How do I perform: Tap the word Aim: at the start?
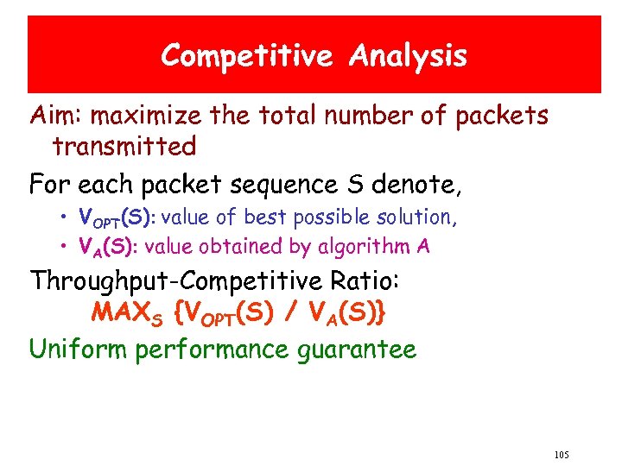(56, 116)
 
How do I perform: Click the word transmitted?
(124, 147)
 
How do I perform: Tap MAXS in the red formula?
(128, 313)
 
